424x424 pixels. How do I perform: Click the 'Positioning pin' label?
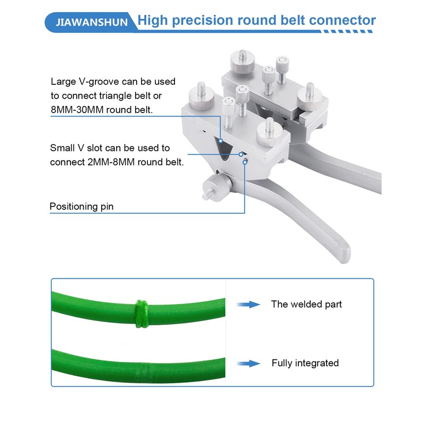click(x=82, y=206)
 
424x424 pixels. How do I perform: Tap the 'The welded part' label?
click(x=306, y=304)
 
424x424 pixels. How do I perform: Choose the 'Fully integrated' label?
click(x=305, y=363)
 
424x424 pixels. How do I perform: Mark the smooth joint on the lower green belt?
click(x=142, y=368)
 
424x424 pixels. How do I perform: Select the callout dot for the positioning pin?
click(x=245, y=162)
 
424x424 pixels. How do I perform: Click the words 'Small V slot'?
click(x=79, y=148)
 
